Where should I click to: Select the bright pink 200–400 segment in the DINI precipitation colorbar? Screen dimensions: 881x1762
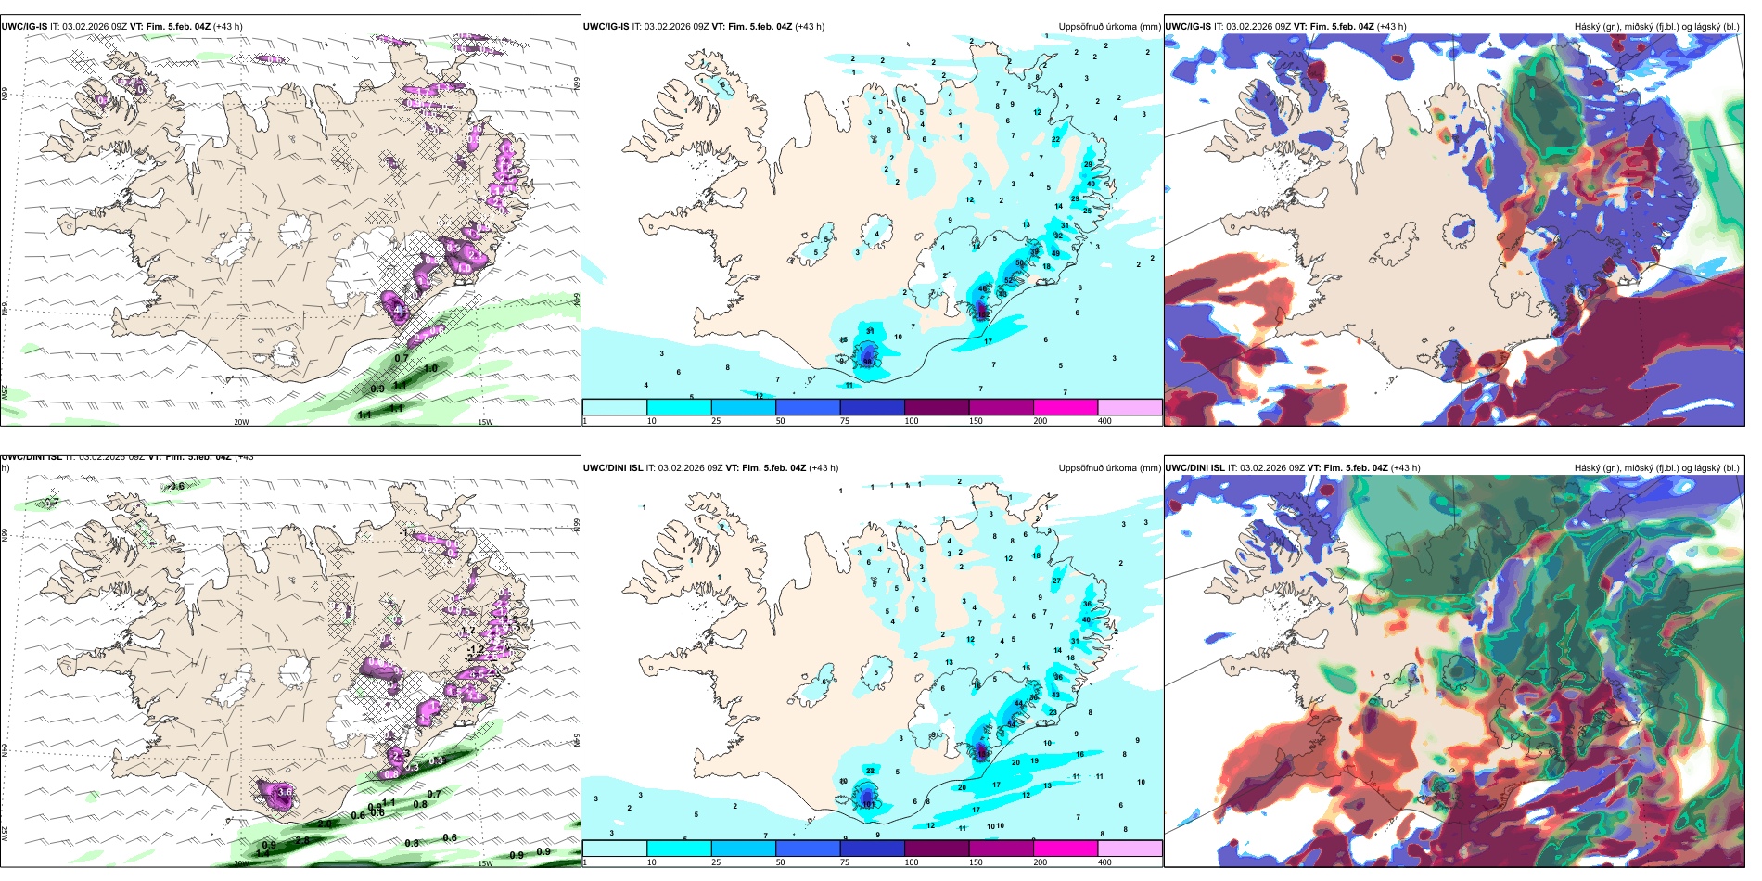click(1066, 849)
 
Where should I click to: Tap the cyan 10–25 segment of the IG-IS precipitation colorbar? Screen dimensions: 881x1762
click(679, 407)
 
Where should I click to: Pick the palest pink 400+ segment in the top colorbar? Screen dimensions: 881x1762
click(1130, 407)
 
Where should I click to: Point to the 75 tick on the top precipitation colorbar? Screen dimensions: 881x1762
click(846, 421)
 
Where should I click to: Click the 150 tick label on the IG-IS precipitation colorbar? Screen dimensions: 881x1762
click(976, 421)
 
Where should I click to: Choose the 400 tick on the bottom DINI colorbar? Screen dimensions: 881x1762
click(1104, 862)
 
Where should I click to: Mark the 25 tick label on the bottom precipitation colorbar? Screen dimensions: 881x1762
click(716, 862)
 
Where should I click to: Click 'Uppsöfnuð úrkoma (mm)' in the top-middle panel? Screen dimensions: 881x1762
click(1109, 27)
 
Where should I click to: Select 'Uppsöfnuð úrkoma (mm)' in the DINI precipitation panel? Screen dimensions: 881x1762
click(1109, 468)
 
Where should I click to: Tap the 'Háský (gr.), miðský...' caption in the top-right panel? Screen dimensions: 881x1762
click(1656, 27)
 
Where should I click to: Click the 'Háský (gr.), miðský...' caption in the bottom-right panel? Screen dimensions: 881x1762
click(1656, 468)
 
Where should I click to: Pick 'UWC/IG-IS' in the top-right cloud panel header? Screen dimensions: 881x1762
click(1188, 27)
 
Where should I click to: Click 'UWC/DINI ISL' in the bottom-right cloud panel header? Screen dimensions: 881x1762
click(1194, 468)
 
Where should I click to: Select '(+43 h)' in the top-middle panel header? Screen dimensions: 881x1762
click(810, 27)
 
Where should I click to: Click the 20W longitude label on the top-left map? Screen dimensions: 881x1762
click(241, 422)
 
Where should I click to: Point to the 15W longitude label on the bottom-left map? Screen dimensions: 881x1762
click(485, 863)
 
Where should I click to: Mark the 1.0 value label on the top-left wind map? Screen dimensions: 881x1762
click(430, 369)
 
